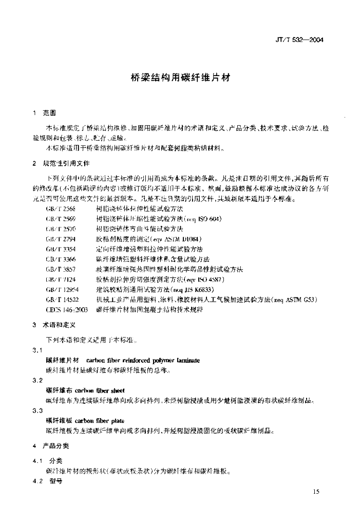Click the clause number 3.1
tap(37, 350)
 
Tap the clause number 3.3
tap(37, 410)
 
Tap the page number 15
tap(315, 492)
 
